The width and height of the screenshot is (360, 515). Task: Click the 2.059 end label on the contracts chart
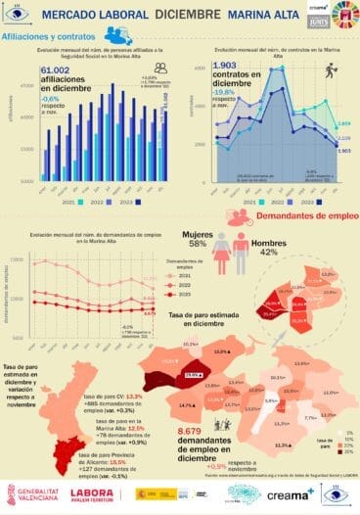pyautogui.click(x=342, y=124)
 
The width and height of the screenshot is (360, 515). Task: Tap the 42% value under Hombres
pyautogui.click(x=269, y=252)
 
